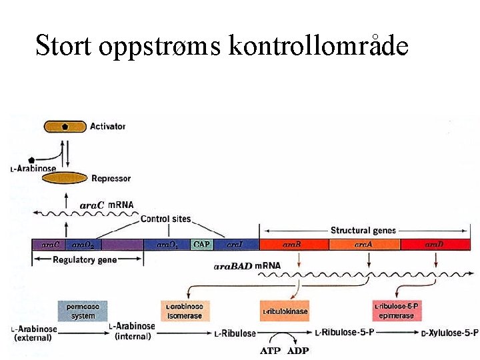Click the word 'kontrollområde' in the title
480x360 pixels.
[318, 47]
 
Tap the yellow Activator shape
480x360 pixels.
[65, 126]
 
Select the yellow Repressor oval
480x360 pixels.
[65, 178]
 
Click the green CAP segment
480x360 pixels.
[201, 245]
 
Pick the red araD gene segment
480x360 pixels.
[435, 245]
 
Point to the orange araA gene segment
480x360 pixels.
[363, 245]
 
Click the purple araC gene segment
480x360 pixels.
[51, 245]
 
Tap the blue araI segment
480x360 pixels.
[235, 245]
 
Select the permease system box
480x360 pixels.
[83, 311]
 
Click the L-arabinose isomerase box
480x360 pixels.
[184, 311]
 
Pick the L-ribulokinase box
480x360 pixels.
[285, 311]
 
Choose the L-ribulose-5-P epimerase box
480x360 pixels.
[398, 311]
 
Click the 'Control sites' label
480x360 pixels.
[165, 219]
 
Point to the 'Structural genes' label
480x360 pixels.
[363, 231]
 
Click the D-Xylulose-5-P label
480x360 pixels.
[450, 333]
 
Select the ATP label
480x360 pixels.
[270, 351]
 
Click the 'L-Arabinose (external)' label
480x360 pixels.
[35, 333]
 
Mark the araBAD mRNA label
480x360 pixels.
[247, 266]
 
